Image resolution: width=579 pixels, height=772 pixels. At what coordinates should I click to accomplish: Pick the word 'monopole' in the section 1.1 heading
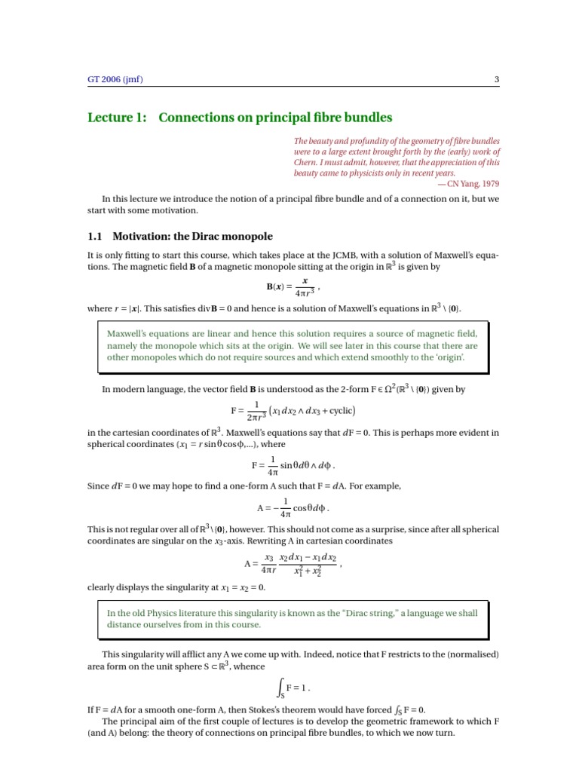click(247, 236)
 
